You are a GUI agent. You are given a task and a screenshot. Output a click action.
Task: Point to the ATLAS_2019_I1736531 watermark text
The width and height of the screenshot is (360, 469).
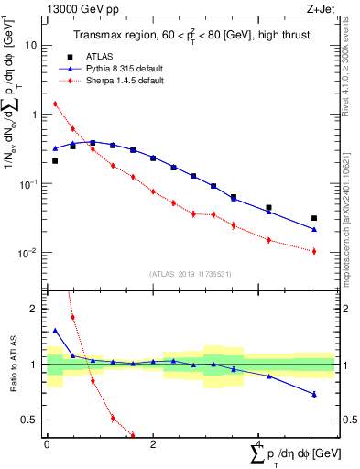[190, 273]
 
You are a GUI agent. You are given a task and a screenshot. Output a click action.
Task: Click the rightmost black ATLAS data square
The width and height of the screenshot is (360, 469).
[314, 219]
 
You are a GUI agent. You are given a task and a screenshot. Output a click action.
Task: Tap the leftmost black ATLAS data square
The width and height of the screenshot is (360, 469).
[55, 161]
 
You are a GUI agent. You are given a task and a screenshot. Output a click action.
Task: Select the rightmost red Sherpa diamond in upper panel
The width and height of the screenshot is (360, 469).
[314, 251]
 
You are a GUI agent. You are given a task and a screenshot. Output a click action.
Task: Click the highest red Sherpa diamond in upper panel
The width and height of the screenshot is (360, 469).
[55, 104]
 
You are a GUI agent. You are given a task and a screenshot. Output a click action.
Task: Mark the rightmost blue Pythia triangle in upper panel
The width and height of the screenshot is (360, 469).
[314, 230]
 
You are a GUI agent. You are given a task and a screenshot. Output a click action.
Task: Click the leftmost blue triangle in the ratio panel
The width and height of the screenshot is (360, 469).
[55, 331]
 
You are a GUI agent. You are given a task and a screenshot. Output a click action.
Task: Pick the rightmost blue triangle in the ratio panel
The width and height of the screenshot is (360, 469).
[314, 395]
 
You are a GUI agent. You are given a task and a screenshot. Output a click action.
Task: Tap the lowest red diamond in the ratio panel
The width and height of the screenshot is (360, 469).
[133, 435]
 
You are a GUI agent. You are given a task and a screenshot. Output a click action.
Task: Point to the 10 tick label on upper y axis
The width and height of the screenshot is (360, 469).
[31, 45]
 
